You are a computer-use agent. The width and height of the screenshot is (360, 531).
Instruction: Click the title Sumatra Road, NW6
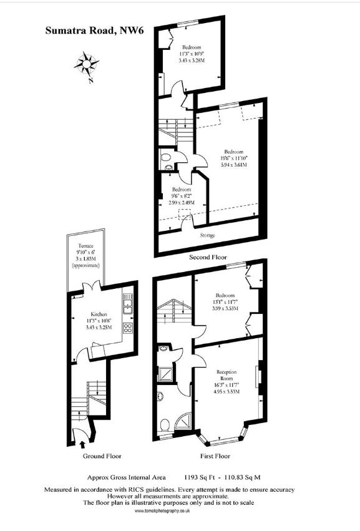coord(94,29)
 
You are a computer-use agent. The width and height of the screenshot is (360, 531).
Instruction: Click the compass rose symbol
coord(87,63)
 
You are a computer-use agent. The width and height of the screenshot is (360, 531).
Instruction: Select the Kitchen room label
coord(99,313)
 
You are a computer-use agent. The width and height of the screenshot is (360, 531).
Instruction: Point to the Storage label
coord(208,235)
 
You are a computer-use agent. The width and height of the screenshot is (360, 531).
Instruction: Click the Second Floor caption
coord(208,257)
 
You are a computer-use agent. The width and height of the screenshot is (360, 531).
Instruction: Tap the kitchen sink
coord(127,306)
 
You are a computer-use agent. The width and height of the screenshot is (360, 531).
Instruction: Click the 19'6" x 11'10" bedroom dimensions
coord(233,158)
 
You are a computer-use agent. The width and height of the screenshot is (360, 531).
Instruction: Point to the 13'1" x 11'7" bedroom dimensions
coord(225,302)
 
